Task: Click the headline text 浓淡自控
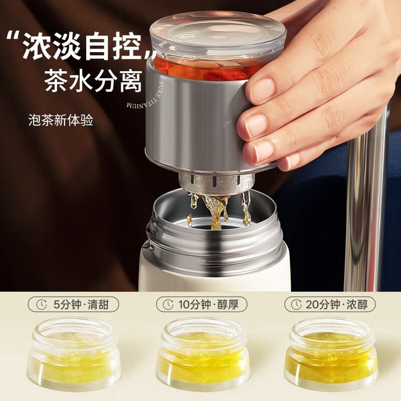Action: tap(82, 47)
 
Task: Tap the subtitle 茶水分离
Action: tap(93, 81)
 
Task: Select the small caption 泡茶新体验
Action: tap(60, 120)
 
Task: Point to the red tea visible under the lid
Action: tap(205, 69)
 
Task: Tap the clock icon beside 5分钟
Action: tap(42, 305)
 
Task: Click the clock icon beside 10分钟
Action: tap(168, 305)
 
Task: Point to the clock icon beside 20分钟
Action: tap(296, 305)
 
